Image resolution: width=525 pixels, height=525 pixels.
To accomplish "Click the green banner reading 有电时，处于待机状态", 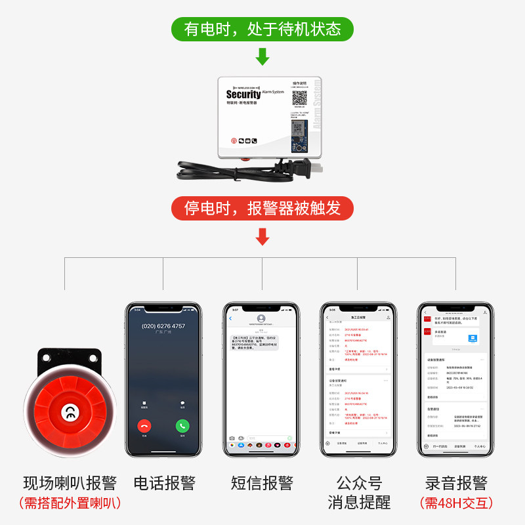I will (x=262, y=30).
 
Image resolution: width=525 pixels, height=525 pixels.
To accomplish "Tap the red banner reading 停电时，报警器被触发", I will (x=262, y=209).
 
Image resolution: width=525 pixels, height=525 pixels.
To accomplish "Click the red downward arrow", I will (x=262, y=236).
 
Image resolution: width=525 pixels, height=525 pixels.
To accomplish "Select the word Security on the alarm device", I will (x=243, y=94).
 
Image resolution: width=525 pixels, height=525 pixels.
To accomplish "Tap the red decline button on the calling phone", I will (x=144, y=425).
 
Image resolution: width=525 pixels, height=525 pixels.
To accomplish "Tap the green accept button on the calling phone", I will (x=182, y=425).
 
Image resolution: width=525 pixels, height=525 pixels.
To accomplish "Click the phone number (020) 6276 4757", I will (x=163, y=326).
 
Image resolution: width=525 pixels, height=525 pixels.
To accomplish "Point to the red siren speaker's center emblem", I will (x=68, y=412).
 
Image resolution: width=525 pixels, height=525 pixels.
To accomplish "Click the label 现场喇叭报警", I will (x=70, y=484).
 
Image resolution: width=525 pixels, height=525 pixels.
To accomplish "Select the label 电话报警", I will (x=164, y=484).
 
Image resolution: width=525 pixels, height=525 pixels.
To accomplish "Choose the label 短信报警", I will (x=262, y=484).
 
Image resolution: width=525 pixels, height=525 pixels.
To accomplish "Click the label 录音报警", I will (x=456, y=484).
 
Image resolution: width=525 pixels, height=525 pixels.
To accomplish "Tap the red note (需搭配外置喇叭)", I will (x=70, y=504).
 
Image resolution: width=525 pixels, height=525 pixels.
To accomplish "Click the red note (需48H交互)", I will (x=456, y=504).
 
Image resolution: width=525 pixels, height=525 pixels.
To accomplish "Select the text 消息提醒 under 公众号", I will (x=359, y=503).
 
